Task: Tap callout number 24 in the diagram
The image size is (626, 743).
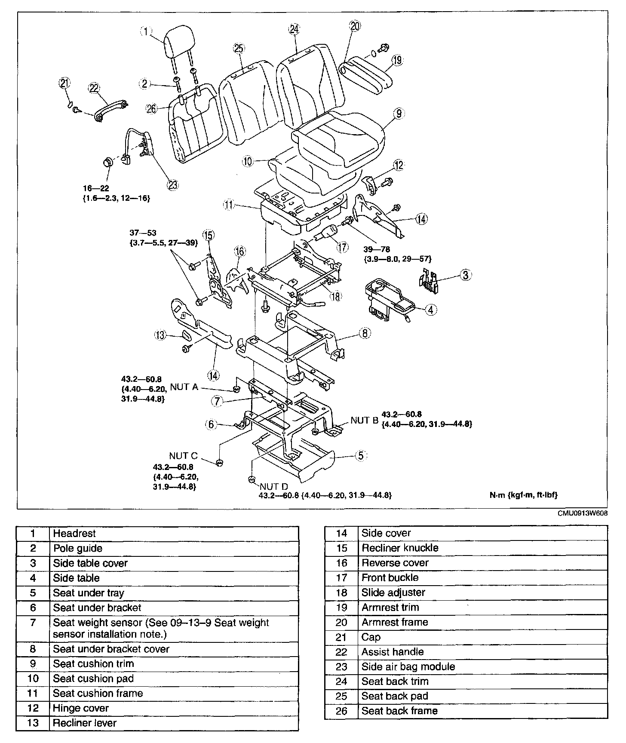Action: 294,29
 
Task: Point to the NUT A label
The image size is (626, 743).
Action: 184,387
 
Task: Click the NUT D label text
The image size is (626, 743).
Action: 274,487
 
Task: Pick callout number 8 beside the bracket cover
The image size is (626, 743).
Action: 365,333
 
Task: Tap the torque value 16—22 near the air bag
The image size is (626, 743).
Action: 96,188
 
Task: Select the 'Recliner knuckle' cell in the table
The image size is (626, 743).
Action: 400,548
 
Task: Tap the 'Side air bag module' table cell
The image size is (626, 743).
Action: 408,666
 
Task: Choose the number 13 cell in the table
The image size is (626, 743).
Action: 33,723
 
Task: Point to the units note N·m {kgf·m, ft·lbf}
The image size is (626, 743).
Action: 523,495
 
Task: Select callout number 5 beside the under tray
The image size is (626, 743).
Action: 361,455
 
